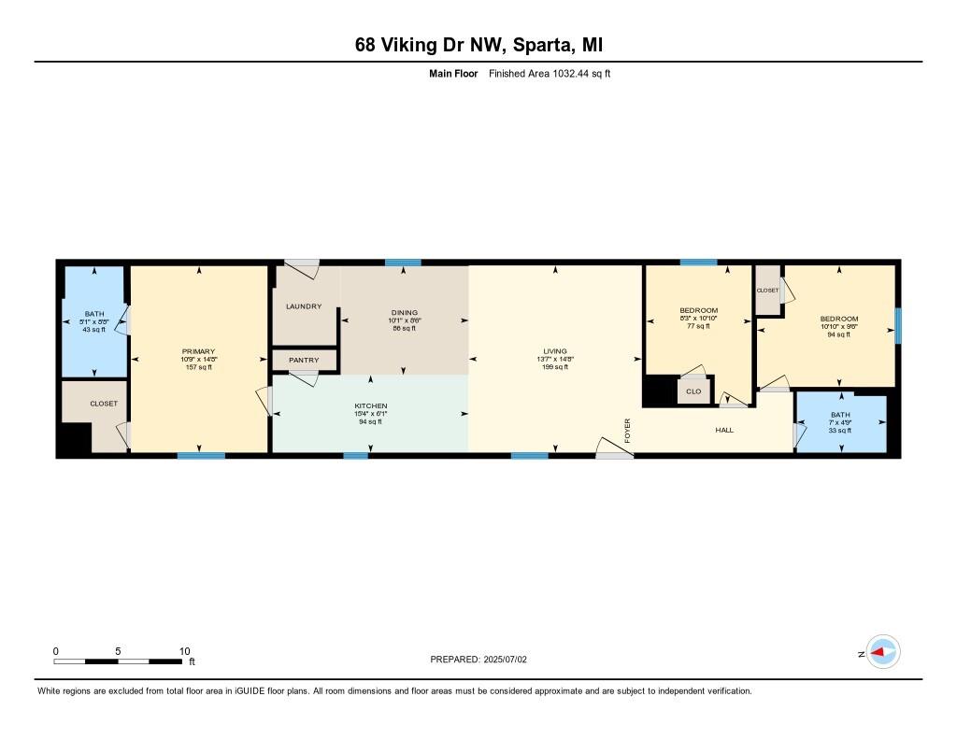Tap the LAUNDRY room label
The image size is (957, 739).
coord(304,306)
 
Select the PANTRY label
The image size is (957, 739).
coord(304,360)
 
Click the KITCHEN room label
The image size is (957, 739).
coord(370,406)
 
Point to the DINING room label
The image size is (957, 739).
coord(405,313)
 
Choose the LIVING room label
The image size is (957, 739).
coord(555,351)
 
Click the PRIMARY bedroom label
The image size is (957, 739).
coord(198,351)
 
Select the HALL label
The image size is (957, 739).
coord(724,430)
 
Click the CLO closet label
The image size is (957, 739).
coord(693,391)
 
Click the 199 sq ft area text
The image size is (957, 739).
coord(555,367)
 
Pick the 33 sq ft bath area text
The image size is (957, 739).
coord(840,430)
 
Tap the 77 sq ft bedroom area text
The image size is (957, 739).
coord(698,326)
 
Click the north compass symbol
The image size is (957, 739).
coord(882,652)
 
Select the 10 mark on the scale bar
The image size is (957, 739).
coord(184,650)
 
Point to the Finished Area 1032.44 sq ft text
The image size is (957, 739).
coord(550,73)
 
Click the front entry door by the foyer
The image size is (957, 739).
coord(615,455)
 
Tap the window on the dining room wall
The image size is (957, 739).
coord(403,263)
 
